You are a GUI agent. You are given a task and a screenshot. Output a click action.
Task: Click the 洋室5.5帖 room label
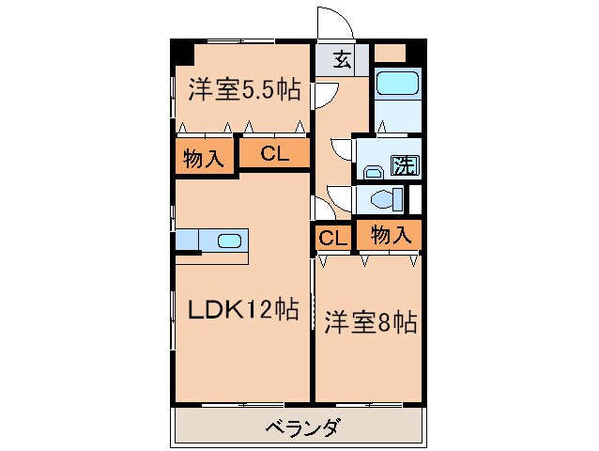tap(244, 90)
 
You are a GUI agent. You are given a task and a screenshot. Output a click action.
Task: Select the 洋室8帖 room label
tap(370, 322)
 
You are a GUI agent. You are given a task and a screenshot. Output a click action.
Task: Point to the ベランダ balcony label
tap(301, 428)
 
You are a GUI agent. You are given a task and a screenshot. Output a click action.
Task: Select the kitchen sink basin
tap(229, 241)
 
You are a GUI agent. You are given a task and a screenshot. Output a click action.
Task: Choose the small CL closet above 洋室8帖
tap(332, 237)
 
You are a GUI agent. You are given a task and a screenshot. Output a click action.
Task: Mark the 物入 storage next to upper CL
tap(203, 158)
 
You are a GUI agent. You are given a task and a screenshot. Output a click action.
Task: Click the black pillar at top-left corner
tap(179, 51)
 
